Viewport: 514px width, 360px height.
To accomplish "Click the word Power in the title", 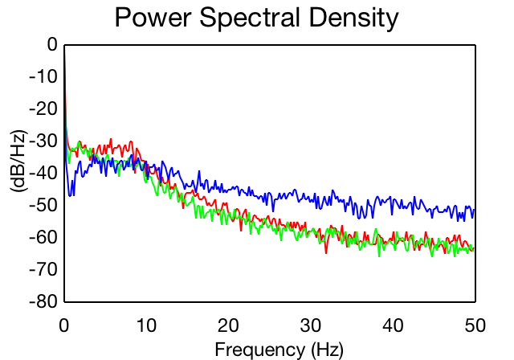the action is click(x=153, y=17).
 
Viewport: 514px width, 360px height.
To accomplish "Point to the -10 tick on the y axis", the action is click(x=43, y=76).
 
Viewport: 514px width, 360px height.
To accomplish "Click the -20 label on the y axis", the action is click(x=43, y=108).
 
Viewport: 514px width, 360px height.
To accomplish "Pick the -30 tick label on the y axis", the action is click(x=43, y=141).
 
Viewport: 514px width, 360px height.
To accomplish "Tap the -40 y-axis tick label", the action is click(x=43, y=173).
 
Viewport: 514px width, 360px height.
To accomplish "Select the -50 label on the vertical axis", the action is click(x=43, y=205).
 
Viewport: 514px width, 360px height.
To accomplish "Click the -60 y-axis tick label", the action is click(x=43, y=237).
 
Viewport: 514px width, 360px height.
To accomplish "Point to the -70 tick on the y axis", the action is click(x=43, y=269).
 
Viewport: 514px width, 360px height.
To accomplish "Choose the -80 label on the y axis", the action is click(x=43, y=301).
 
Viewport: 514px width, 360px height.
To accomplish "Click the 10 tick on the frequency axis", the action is click(x=146, y=325).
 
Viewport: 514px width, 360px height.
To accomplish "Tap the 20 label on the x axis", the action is click(x=228, y=325).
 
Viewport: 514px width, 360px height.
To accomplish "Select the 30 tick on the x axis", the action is click(x=311, y=325).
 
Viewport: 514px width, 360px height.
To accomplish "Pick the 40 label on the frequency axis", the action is click(x=393, y=325).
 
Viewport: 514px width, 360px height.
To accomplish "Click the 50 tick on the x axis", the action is click(x=475, y=325).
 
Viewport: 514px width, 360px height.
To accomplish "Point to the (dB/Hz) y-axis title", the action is click(x=19, y=161).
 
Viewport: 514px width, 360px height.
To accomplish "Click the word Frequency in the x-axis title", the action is click(x=260, y=350).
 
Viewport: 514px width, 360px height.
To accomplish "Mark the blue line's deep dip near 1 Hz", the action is click(x=70, y=196).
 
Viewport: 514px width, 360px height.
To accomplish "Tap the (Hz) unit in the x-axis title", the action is click(x=327, y=350).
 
